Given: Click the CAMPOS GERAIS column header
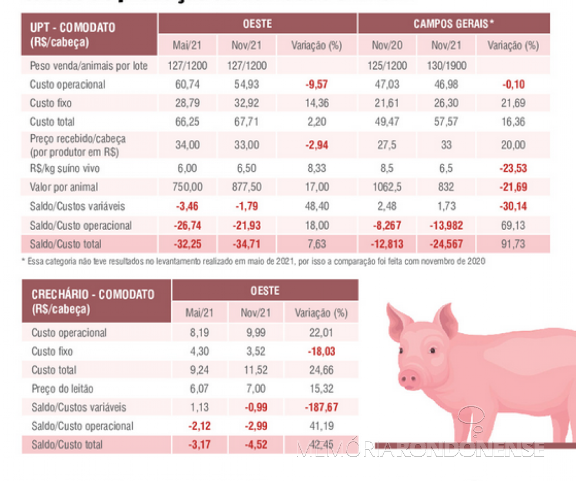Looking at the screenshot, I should click(x=453, y=24).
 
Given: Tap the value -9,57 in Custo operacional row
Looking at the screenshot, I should click(x=316, y=85).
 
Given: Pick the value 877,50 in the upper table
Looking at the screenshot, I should click(x=245, y=188).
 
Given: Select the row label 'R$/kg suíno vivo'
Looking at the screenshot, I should click(x=64, y=169).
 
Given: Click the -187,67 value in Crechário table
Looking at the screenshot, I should click(x=320, y=407).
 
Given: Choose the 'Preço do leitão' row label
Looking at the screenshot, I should click(x=62, y=389).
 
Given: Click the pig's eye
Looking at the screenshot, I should click(x=432, y=350).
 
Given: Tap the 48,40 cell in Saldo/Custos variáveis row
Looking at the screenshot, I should click(x=316, y=206).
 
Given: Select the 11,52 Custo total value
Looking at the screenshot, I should click(x=253, y=370).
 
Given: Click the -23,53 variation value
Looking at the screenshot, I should click(x=514, y=169).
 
